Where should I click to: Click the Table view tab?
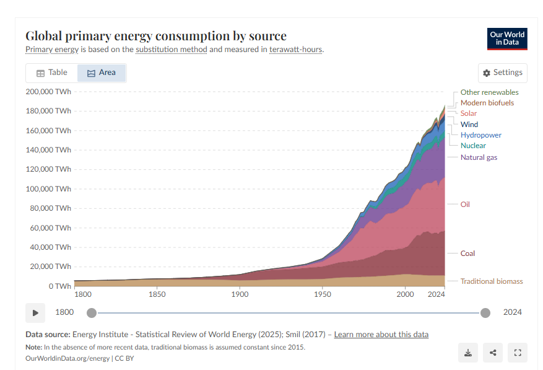51,73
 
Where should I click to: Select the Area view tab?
102,73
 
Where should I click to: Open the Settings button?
503,73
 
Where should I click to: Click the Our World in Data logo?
507,39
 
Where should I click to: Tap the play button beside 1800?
35,313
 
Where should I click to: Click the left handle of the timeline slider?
92,313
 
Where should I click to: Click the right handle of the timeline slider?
485,313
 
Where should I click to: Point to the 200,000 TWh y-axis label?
48,92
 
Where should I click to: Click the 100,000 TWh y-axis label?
48,188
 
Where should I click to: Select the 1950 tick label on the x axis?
323,294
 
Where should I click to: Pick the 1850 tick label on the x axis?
157,294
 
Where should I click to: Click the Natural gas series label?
479,157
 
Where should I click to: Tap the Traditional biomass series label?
492,281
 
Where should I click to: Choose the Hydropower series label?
480,135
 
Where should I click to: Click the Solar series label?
468,113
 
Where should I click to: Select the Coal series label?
467,253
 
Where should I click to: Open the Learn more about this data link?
381,335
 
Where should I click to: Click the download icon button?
468,353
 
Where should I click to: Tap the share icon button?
493,353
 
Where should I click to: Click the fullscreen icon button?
518,353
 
